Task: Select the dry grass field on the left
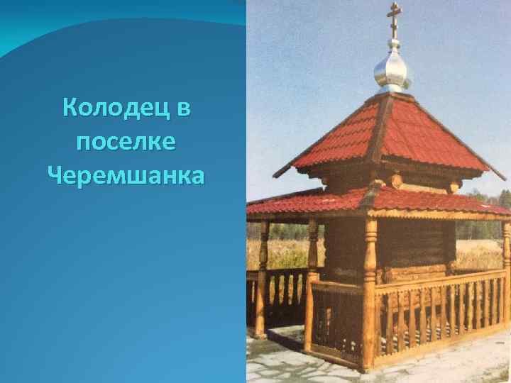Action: tap(284, 252)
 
